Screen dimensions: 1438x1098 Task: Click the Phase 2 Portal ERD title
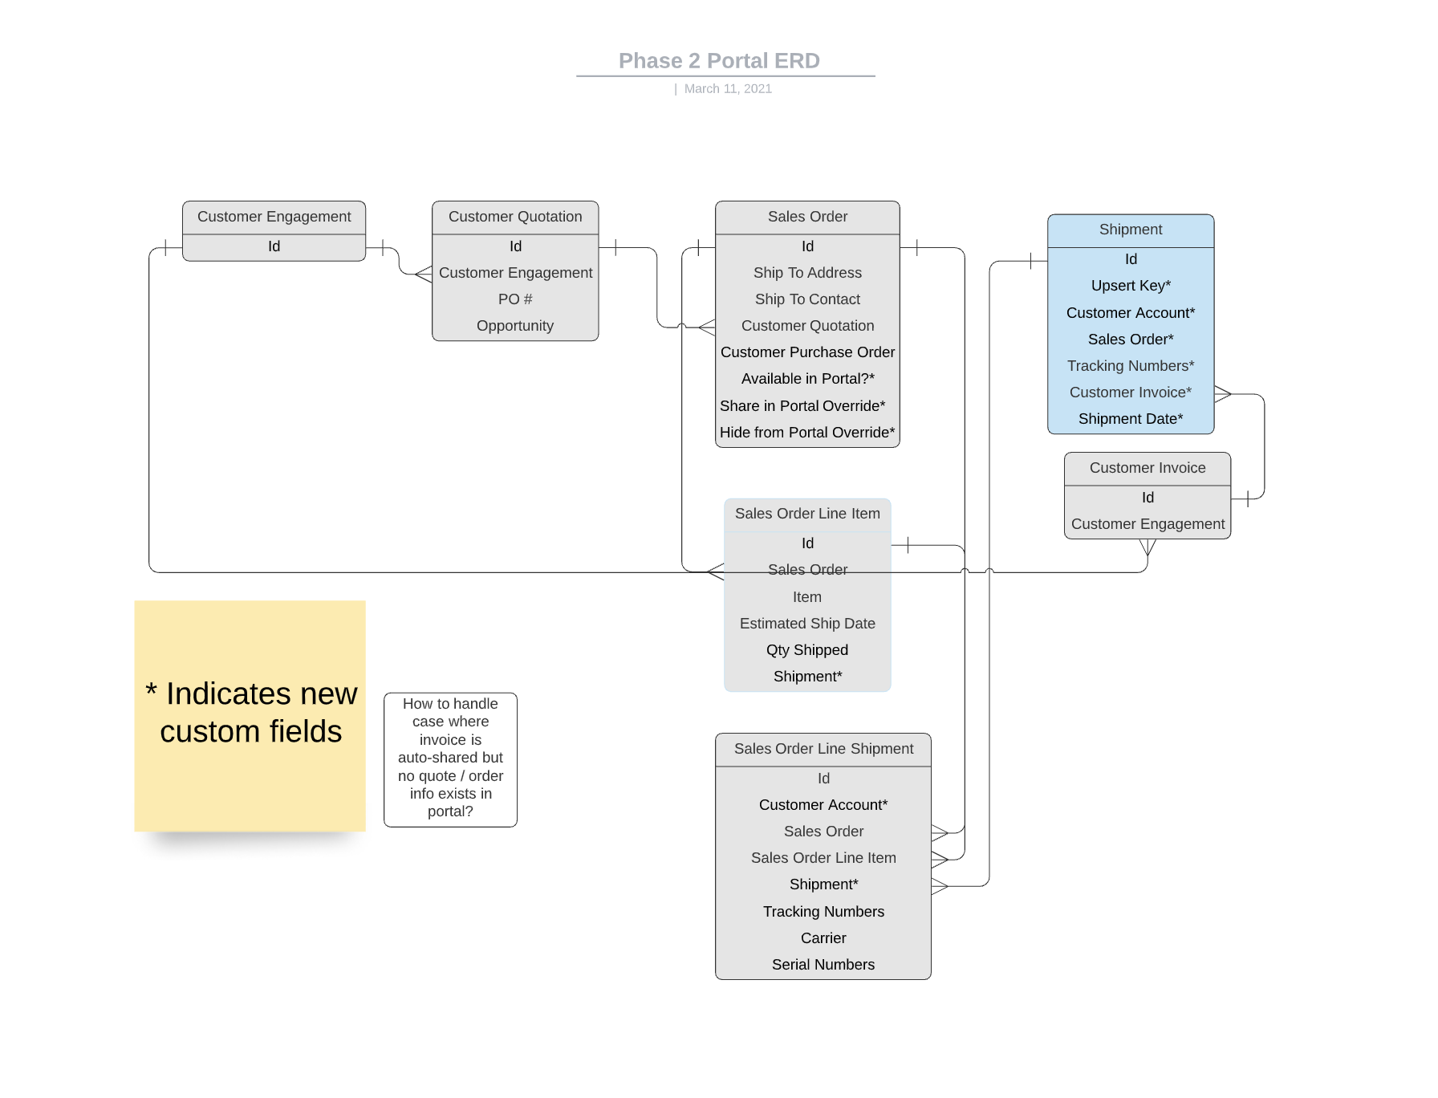(x=719, y=61)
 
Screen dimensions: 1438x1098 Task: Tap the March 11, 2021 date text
(x=728, y=89)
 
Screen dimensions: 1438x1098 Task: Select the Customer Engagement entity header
(x=274, y=217)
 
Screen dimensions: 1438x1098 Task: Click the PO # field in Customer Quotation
(x=515, y=299)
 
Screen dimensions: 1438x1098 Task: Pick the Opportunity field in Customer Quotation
(x=515, y=326)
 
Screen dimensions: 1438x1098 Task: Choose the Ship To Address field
(x=807, y=273)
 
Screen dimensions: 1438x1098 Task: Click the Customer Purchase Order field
(x=807, y=352)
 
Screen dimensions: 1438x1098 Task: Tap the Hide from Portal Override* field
(x=807, y=433)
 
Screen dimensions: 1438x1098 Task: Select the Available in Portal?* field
(x=807, y=379)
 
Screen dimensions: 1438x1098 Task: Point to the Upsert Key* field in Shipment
(x=1131, y=286)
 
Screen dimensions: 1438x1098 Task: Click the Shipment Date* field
(x=1131, y=419)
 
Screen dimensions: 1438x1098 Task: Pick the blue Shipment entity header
(x=1131, y=230)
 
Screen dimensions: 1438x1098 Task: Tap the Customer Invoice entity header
(x=1148, y=468)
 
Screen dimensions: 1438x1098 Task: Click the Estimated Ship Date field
(x=807, y=624)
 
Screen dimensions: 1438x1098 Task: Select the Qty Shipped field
(x=807, y=650)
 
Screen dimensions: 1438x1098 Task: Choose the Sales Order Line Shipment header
(x=823, y=749)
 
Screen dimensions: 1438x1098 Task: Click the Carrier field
(x=823, y=938)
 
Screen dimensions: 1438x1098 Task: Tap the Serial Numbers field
(x=823, y=965)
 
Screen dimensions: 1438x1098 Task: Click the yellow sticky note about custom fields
(x=250, y=716)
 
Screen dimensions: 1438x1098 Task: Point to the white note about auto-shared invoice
(x=450, y=759)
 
